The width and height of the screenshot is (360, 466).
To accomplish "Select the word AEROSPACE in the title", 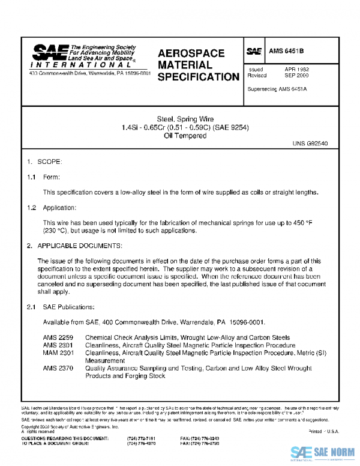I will point(191,53).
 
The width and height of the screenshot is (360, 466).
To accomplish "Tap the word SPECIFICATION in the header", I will point(198,77).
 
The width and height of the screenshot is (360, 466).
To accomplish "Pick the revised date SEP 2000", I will point(296,76).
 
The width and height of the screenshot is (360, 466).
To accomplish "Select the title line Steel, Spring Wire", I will point(185,120).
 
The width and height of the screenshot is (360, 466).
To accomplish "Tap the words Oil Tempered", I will point(185,136).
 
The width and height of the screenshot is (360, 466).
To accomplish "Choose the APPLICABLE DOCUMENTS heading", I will point(80,246).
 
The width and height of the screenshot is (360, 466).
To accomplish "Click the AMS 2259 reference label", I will point(58,337).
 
